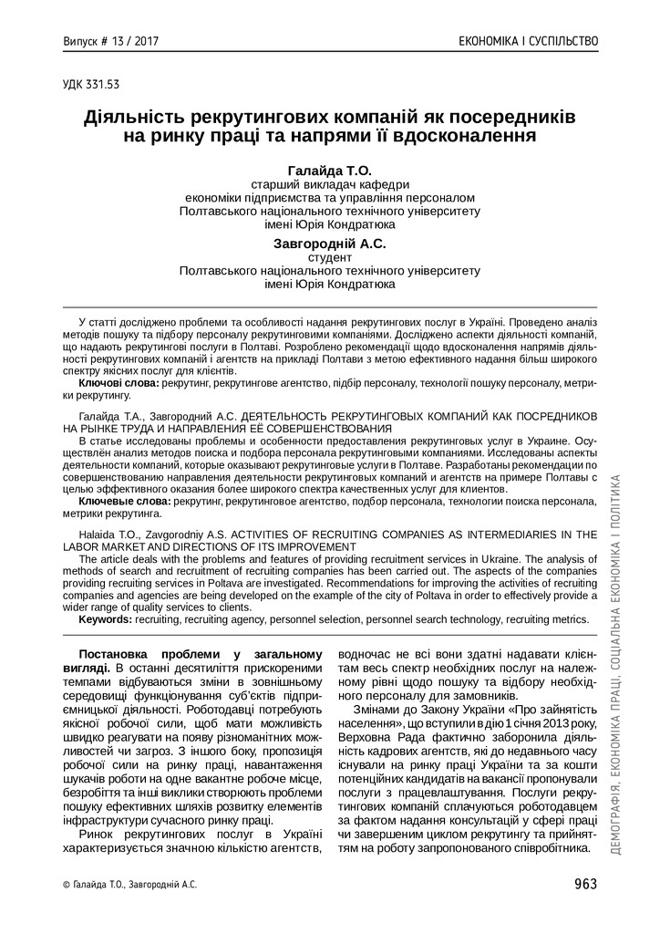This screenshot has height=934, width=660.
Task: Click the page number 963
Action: tap(585, 883)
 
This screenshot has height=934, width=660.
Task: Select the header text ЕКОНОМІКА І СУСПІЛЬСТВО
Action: tap(529, 41)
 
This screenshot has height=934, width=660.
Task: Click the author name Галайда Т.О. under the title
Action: tap(330, 171)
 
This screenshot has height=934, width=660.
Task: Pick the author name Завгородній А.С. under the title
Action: tap(330, 244)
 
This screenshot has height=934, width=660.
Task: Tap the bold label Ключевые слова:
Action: tap(124, 501)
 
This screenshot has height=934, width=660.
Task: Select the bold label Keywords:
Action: tap(106, 618)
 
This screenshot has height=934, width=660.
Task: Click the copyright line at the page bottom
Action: tap(129, 884)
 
